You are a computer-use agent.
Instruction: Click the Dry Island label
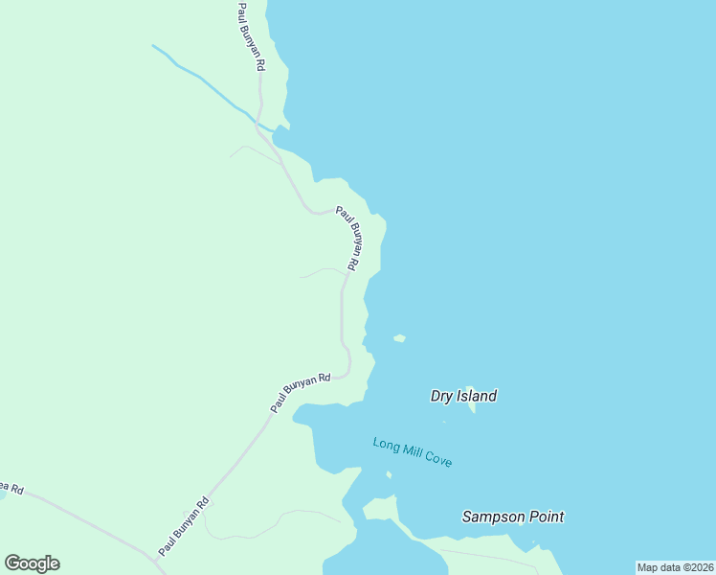(x=463, y=396)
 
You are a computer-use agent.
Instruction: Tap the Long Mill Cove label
(x=412, y=452)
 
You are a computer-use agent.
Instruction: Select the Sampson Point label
(x=512, y=517)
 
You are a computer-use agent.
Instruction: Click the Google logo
(x=32, y=563)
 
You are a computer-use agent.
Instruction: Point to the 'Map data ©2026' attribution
(x=675, y=567)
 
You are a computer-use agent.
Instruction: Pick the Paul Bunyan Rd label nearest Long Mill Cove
(x=300, y=392)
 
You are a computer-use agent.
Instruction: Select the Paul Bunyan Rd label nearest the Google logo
(x=184, y=527)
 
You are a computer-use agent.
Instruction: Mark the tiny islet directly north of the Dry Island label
(x=399, y=337)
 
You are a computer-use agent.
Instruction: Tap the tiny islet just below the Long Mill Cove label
(x=389, y=474)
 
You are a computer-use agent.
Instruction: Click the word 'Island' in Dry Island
(x=477, y=396)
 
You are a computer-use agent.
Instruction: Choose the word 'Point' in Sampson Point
(x=542, y=517)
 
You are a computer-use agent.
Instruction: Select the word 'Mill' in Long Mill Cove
(x=414, y=452)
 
